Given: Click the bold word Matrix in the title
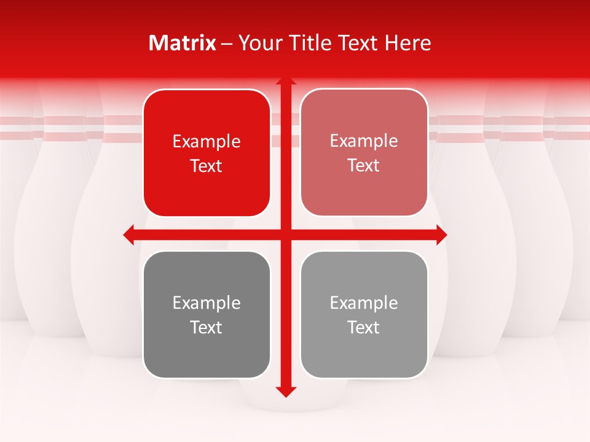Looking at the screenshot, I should coord(183,43).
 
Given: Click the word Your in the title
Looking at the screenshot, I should coord(257,43).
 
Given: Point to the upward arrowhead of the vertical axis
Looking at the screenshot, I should coord(286,82).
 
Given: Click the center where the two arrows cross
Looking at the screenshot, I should coord(286,235).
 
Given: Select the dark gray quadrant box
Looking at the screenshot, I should coord(206,350).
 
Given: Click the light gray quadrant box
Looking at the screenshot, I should coord(364,350).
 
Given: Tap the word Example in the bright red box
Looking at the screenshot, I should coord(206,142).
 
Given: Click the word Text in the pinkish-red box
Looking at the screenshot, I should coord(364,166).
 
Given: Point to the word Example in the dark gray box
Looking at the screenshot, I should coord(206,303).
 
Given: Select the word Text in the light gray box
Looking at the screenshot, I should coord(364,327).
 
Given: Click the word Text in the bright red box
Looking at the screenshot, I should coord(206,166).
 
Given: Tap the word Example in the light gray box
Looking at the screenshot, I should coord(364,303).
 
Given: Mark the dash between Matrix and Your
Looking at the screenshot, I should coord(227,44).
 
